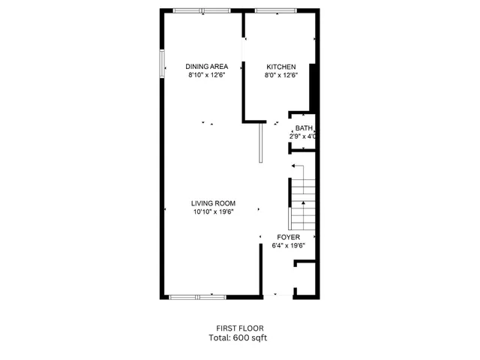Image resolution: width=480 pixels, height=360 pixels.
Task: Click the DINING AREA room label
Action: click(x=207, y=67)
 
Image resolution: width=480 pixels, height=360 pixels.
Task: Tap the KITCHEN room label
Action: click(x=281, y=67)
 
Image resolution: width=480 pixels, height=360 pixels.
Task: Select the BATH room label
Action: click(x=304, y=128)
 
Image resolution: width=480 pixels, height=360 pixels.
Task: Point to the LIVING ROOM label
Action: click(x=213, y=203)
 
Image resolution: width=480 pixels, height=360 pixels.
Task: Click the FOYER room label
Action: click(x=289, y=237)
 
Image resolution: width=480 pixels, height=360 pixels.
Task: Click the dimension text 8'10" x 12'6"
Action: click(x=207, y=75)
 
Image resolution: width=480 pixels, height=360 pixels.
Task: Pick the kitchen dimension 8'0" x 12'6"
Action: click(x=281, y=75)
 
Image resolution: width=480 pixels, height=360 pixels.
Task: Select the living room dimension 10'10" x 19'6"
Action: click(x=213, y=212)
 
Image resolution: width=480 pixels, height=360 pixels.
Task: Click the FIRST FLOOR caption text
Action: click(x=240, y=328)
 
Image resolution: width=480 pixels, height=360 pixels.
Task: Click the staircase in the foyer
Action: click(x=301, y=204)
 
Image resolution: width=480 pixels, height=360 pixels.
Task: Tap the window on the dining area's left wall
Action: click(x=162, y=64)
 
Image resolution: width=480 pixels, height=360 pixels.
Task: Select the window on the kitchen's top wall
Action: click(x=274, y=10)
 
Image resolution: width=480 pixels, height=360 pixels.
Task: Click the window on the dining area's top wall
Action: click(x=202, y=10)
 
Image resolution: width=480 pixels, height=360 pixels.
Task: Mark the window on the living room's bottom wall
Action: click(x=197, y=297)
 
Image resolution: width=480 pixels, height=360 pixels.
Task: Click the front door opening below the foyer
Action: click(x=277, y=295)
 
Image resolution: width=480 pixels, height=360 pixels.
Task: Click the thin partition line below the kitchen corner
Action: click(x=259, y=143)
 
